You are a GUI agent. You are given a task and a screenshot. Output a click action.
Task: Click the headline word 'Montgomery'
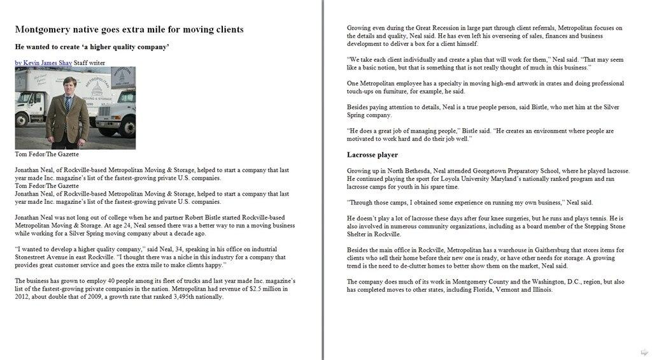click(45, 30)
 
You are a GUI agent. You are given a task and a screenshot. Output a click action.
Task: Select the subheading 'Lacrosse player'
click(372, 155)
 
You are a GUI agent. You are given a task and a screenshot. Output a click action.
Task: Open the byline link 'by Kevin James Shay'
click(43, 63)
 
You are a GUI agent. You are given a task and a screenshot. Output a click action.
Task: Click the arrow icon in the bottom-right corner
click(644, 352)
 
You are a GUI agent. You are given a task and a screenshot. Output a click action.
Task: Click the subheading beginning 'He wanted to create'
click(92, 47)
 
